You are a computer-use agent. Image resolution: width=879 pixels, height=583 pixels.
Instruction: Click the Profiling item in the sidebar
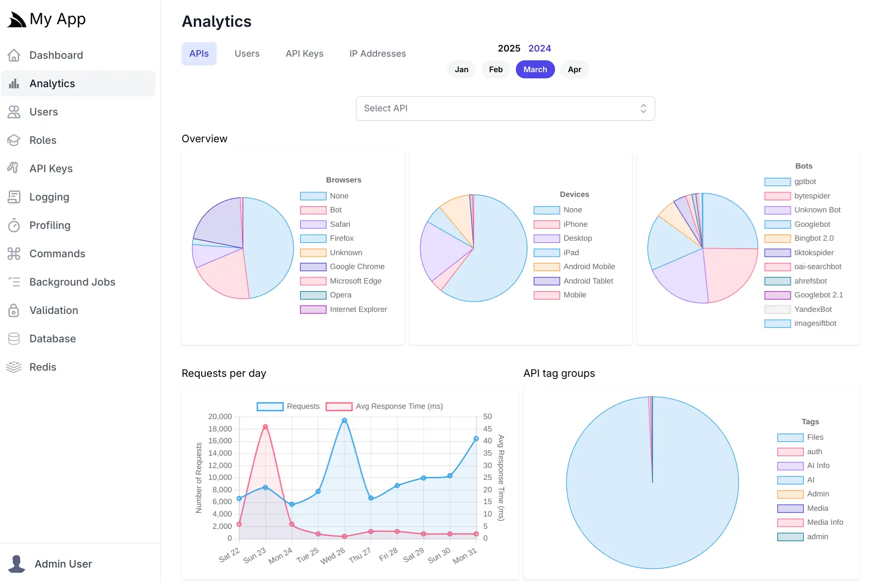[50, 225]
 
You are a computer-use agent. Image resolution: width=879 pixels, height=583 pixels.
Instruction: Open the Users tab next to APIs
[247, 54]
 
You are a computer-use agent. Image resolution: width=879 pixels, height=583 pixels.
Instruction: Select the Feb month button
[495, 70]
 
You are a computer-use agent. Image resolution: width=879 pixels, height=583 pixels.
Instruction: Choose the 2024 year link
[539, 48]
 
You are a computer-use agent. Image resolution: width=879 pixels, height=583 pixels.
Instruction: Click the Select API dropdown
[504, 108]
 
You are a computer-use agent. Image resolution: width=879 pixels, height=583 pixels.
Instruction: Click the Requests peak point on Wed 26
[345, 421]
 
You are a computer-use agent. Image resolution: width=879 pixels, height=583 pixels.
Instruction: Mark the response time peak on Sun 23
[265, 427]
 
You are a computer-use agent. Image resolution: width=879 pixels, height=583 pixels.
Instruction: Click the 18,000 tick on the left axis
[220, 429]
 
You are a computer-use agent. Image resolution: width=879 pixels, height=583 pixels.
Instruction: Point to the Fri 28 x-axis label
[388, 555]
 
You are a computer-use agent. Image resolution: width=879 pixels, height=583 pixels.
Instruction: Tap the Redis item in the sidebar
[43, 367]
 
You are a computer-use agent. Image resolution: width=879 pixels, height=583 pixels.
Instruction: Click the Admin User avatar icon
[17, 564]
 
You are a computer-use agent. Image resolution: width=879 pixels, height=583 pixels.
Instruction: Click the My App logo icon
[16, 20]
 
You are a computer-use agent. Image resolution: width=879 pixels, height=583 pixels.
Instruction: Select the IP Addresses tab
[377, 54]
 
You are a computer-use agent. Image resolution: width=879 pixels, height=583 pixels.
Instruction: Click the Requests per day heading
[223, 373]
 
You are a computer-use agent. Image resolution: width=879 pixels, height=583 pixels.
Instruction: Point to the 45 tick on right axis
[487, 429]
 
